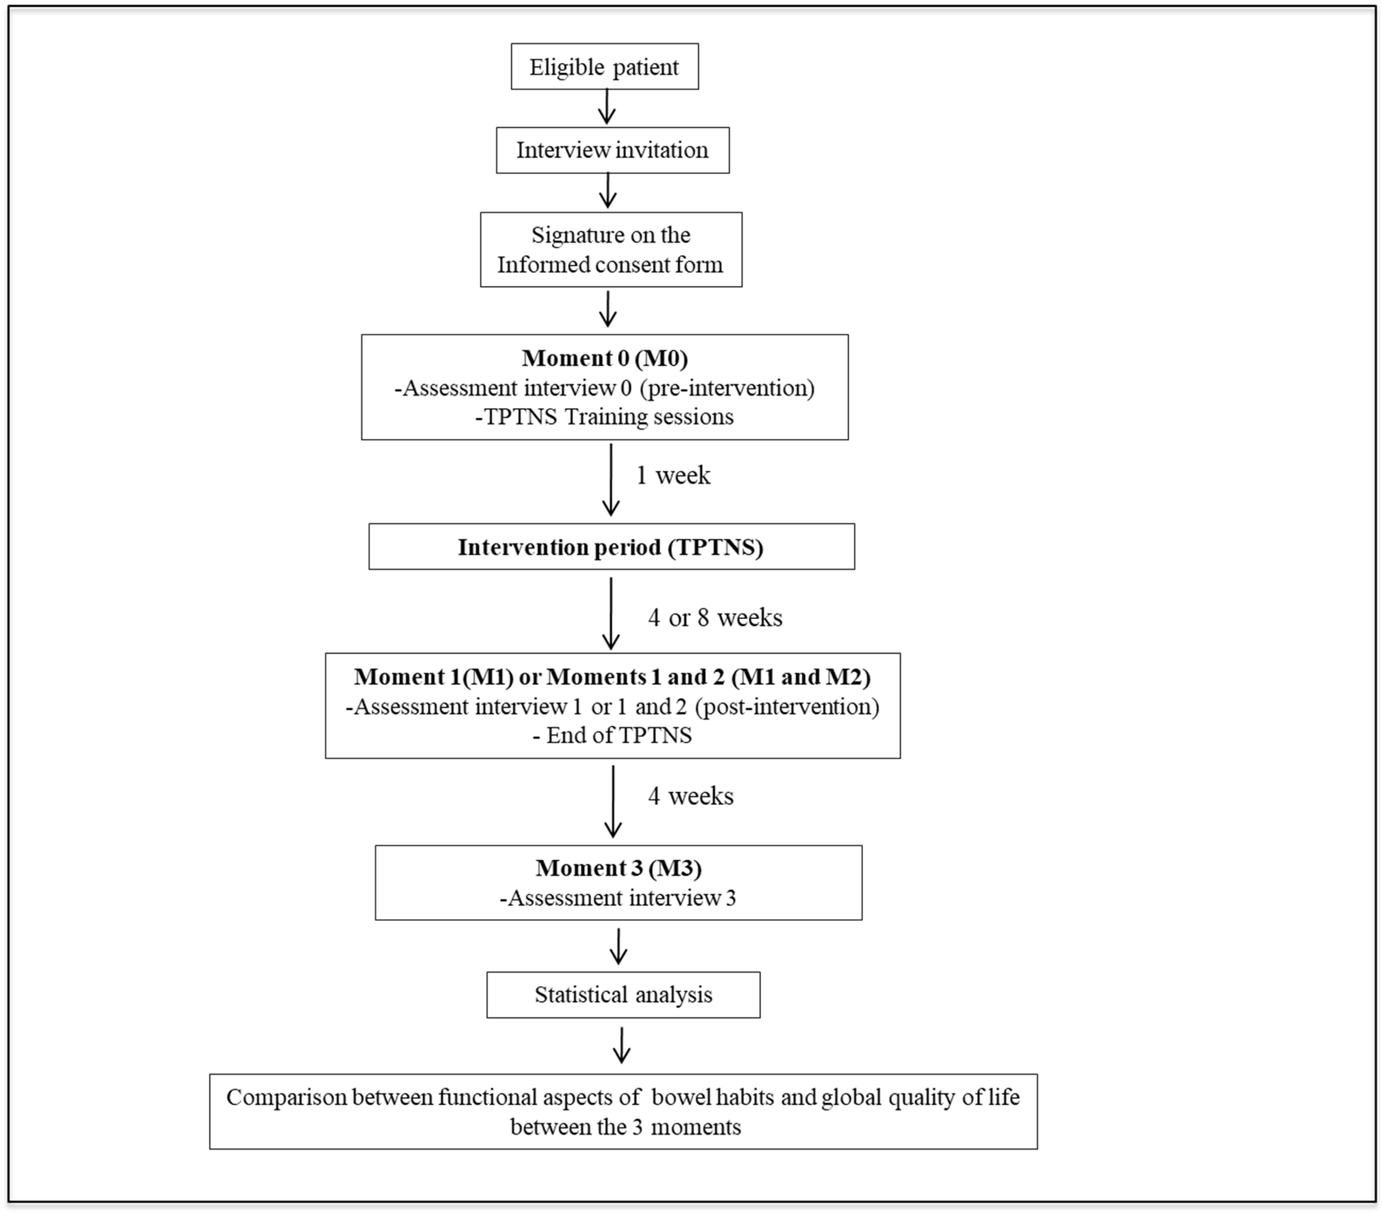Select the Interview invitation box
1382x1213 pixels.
(612, 150)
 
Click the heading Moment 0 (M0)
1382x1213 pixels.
(604, 358)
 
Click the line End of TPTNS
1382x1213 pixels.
(612, 736)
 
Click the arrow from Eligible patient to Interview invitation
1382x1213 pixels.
(607, 107)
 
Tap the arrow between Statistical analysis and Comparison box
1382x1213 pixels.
(621, 1045)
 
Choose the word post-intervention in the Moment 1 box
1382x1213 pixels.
(787, 706)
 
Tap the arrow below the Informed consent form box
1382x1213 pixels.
(608, 309)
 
